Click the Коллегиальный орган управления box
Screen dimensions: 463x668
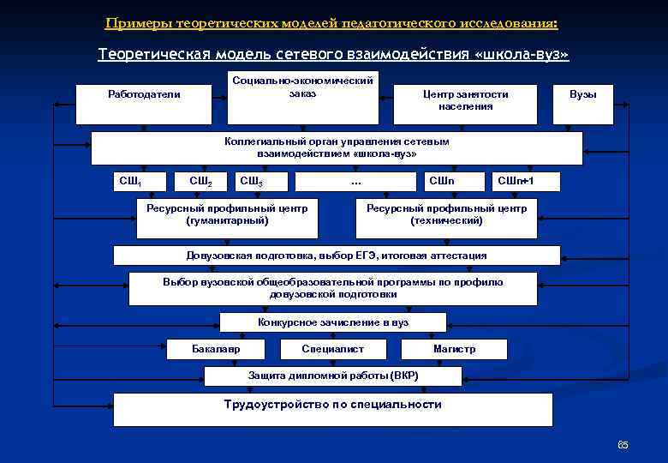337,147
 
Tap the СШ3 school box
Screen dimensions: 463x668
261,181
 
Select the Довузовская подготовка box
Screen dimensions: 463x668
337,256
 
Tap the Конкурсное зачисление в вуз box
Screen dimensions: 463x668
333,322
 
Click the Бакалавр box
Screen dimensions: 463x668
216,349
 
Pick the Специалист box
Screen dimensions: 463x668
333,349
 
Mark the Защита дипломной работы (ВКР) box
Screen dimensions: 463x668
333,376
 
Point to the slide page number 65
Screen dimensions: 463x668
623,444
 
